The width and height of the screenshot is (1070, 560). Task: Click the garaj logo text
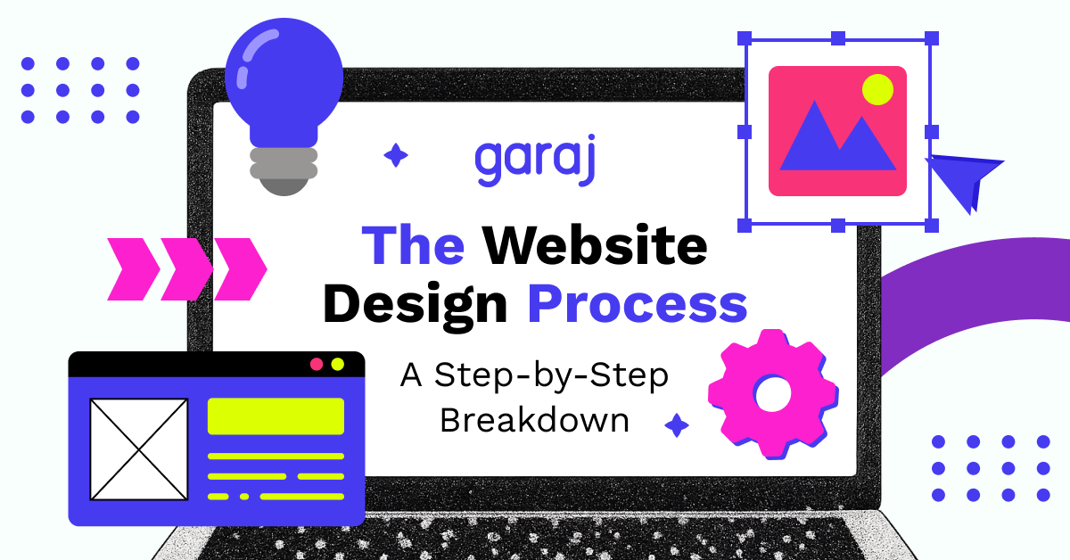(x=535, y=161)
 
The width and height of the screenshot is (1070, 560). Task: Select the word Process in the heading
(x=637, y=303)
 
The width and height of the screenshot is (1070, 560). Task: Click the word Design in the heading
(x=415, y=303)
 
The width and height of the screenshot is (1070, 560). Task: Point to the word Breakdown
(x=534, y=420)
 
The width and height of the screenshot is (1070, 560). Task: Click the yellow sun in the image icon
(x=877, y=89)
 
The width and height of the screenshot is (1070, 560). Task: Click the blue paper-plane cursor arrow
(x=963, y=178)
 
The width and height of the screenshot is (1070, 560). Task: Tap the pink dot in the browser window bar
(x=316, y=364)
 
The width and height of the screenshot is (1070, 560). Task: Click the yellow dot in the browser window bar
(x=337, y=364)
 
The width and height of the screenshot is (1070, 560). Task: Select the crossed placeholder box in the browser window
(x=139, y=449)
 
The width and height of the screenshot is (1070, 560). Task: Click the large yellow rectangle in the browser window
(x=276, y=416)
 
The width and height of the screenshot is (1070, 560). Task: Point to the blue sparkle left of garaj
(x=395, y=156)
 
